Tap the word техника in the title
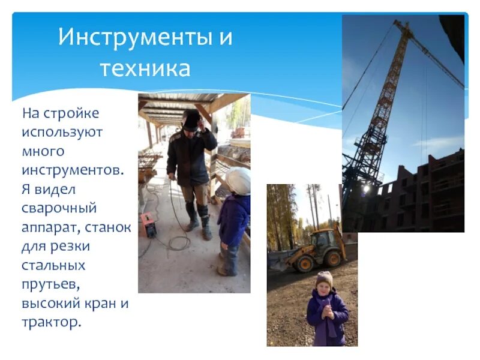pyautogui.click(x=145, y=68)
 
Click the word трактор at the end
pyautogui.click(x=50, y=322)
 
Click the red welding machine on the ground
pyautogui.click(x=148, y=224)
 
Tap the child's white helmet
pyautogui.click(x=239, y=181)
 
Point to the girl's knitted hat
pyautogui.click(x=324, y=278)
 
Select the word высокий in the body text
pyautogui.click(x=53, y=303)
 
